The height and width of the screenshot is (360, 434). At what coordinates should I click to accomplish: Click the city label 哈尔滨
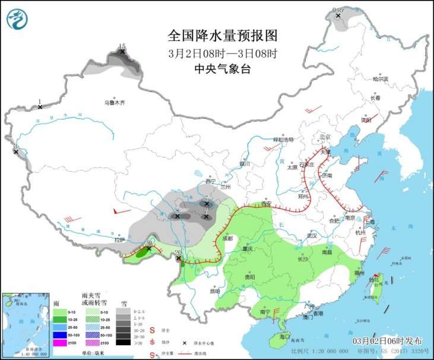coord(380,79)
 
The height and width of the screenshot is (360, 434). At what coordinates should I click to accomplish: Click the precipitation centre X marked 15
coord(123,52)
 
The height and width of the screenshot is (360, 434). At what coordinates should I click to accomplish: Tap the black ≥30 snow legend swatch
coord(123,343)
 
